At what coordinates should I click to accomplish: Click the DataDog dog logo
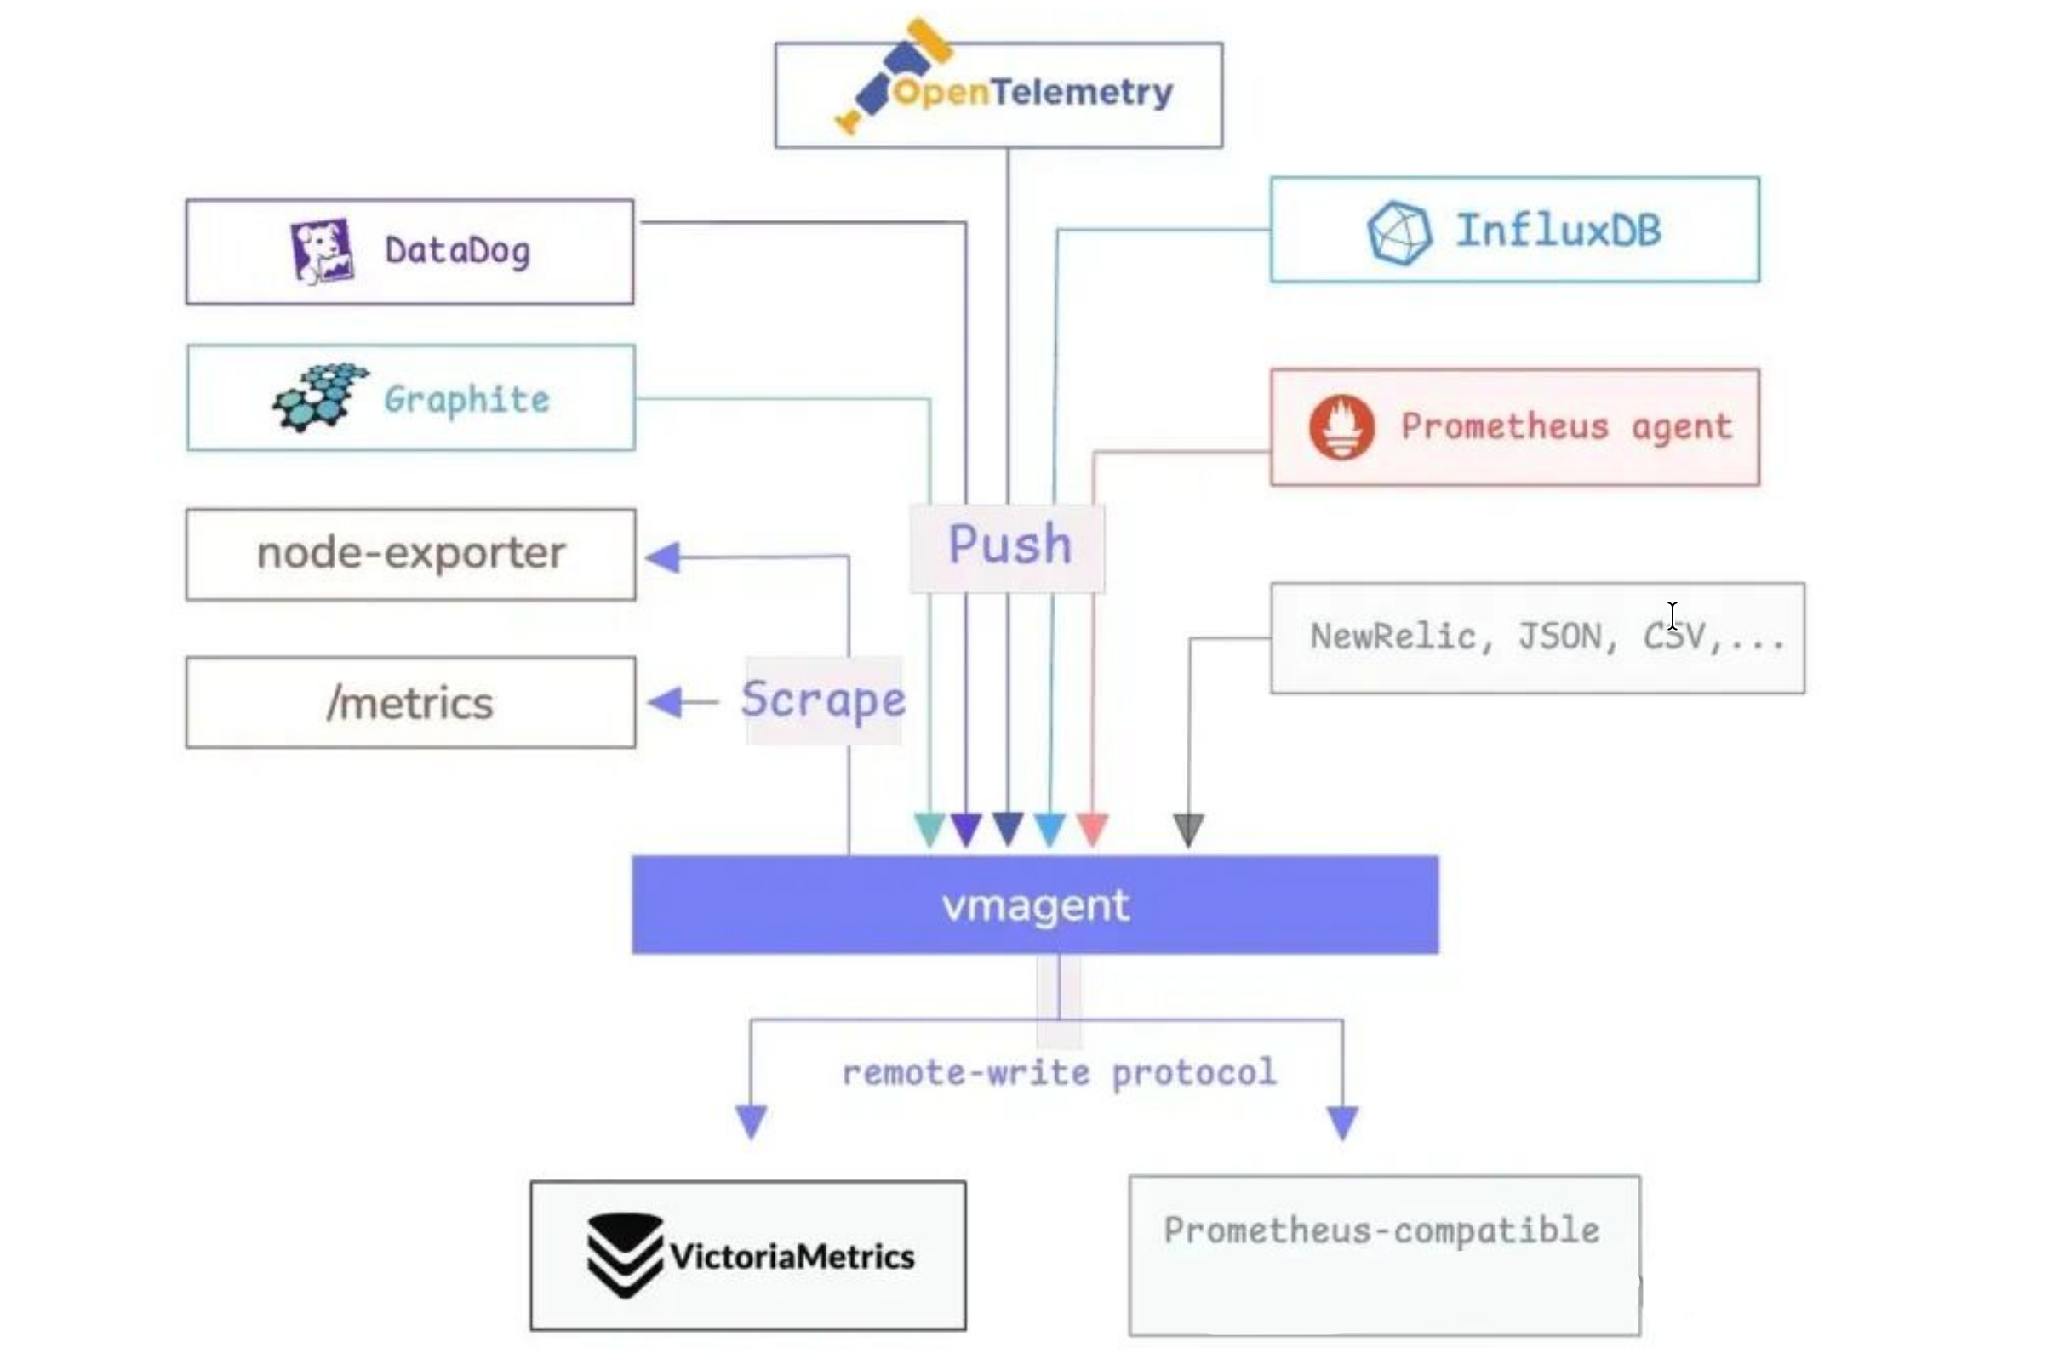(322, 251)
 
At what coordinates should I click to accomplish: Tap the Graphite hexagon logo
(320, 397)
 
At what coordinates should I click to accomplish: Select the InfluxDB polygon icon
(1398, 232)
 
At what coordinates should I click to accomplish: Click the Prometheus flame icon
(1341, 427)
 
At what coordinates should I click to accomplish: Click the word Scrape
(823, 699)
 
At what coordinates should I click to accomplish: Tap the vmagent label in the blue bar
(1035, 905)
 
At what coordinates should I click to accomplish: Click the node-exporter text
(411, 553)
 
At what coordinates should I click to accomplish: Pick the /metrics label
(410, 702)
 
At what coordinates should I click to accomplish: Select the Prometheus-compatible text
(1381, 1230)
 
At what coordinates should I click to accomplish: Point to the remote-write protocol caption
(1058, 1072)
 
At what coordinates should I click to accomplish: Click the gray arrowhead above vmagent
(1188, 829)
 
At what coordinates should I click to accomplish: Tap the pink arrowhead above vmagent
(1092, 828)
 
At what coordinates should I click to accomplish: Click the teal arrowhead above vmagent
(929, 828)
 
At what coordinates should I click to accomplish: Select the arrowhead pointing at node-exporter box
(664, 557)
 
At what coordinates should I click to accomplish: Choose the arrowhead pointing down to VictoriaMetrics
(751, 1121)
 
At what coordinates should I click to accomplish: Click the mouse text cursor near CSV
(1672, 616)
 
